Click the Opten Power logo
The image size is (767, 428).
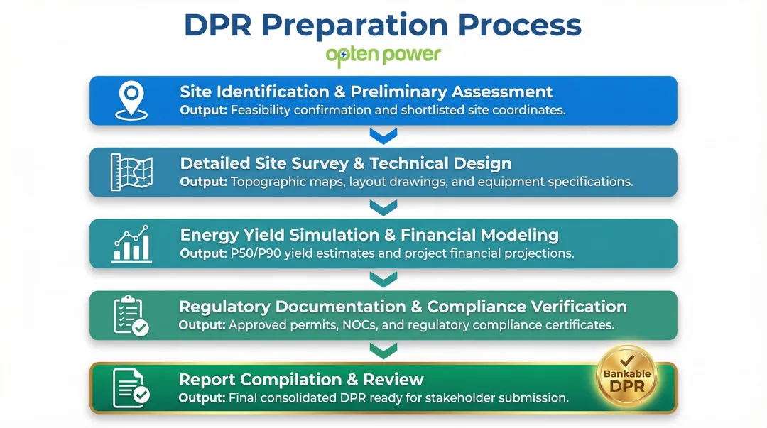383,55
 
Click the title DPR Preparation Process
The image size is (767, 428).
383,25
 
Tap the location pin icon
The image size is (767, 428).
131,100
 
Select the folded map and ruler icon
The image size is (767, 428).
131,172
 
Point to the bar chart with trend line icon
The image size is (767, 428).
131,243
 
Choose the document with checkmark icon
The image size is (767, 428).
131,388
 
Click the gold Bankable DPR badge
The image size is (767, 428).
626,380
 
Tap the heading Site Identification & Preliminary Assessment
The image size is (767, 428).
366,92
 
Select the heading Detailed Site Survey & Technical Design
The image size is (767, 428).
345,163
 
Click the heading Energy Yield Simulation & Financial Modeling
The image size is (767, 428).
369,235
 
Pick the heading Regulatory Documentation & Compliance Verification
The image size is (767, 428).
402,307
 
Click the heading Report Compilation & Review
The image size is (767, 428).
300,379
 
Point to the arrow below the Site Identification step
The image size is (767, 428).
383,136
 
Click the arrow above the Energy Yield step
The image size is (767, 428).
383,207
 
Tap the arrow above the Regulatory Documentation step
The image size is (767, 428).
383,279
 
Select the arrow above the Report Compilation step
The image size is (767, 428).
383,351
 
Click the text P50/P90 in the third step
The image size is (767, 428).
257,253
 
